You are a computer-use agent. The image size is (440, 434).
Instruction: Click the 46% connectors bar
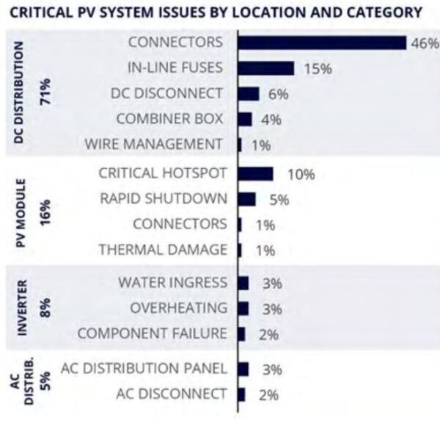(321, 43)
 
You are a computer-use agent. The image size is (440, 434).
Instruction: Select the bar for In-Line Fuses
(265, 68)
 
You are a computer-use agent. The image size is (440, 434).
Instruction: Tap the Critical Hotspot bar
(255, 174)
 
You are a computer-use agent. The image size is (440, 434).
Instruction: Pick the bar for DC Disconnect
(248, 94)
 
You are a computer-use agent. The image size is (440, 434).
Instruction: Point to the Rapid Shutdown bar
(246, 199)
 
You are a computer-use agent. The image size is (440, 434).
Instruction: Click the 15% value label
(316, 69)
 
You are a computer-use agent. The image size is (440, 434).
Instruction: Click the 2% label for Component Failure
(268, 334)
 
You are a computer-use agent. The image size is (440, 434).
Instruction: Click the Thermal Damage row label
(162, 250)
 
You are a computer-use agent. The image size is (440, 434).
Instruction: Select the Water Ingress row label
(172, 283)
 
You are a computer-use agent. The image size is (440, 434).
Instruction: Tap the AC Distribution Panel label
(144, 368)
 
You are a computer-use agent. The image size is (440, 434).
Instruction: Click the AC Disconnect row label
(171, 394)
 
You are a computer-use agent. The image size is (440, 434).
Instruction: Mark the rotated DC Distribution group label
(20, 92)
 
